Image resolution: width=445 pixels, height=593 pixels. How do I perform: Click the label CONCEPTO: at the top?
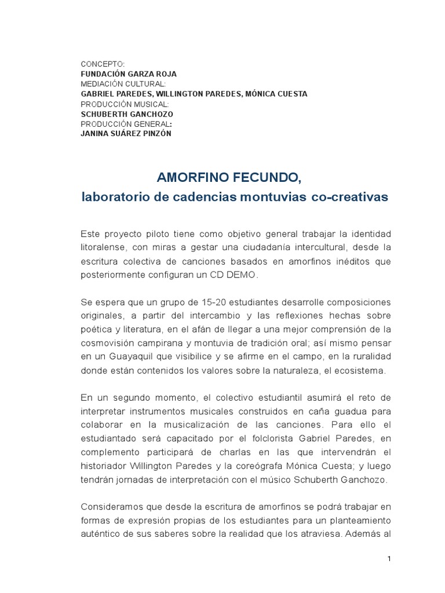tap(102, 64)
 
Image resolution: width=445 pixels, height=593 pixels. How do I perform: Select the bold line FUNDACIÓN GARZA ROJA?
tap(129, 74)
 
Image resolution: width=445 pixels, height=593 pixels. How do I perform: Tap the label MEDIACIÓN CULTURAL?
tap(123, 84)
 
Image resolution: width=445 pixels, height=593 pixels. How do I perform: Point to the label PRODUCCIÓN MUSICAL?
tap(125, 104)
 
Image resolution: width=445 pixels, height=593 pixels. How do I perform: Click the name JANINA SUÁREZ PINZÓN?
tap(126, 134)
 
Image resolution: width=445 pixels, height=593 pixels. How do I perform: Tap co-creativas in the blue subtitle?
tap(350, 197)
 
